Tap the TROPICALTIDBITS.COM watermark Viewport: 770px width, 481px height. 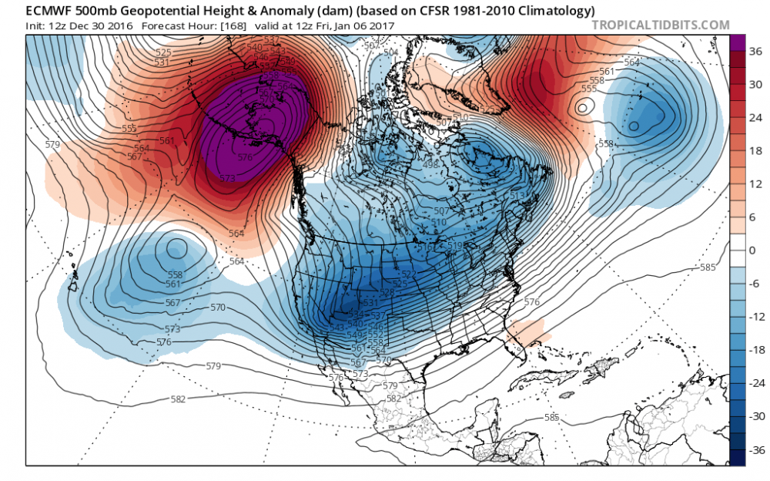click(661, 25)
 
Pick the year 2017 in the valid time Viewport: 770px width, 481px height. click(379, 25)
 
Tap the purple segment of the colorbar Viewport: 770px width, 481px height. click(736, 46)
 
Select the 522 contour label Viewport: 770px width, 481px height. click(409, 274)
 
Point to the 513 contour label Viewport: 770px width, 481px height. click(517, 196)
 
